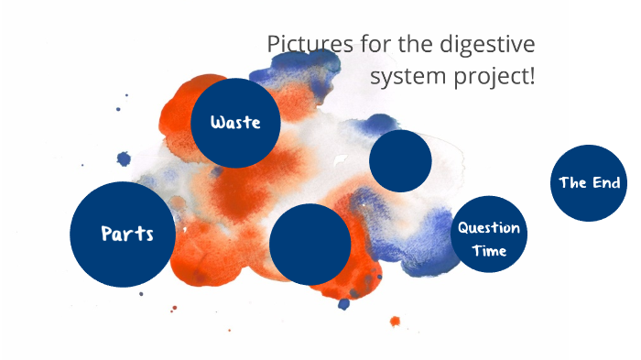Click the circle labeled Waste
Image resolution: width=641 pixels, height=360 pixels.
(235, 123)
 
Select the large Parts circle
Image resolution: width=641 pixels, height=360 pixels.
(123, 234)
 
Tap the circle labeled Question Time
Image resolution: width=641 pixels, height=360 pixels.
(490, 234)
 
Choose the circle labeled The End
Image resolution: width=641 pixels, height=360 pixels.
(590, 182)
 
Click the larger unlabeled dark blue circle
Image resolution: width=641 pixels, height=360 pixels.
(310, 244)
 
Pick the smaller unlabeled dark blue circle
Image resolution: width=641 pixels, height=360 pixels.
(400, 161)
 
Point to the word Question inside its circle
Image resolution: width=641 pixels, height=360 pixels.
(489, 228)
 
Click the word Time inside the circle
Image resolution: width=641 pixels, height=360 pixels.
(489, 251)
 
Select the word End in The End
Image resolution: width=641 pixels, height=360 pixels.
(605, 183)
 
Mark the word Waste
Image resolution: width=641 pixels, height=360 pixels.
(235, 123)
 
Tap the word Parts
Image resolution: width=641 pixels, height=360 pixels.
(126, 234)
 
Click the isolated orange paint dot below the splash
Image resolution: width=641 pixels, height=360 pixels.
(395, 322)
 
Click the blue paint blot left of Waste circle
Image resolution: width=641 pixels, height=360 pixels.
(124, 158)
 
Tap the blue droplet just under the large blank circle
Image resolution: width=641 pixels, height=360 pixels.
(343, 303)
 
